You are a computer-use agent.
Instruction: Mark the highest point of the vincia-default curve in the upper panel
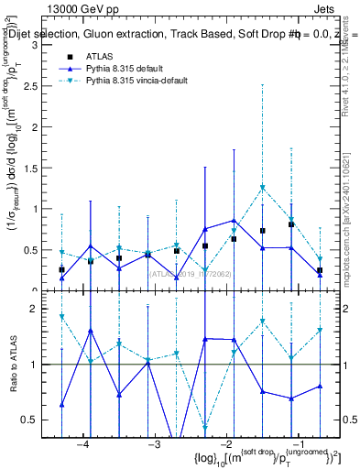(x=263, y=188)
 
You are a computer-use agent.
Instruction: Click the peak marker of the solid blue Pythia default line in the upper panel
(x=235, y=221)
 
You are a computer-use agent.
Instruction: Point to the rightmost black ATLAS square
(x=320, y=271)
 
